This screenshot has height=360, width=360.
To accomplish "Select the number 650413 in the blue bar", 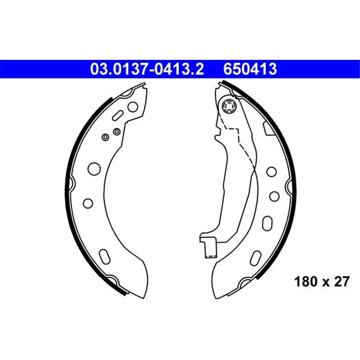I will click(250, 69).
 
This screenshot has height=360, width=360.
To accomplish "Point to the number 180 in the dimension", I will click(305, 282).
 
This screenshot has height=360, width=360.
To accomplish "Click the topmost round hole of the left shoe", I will click(132, 107).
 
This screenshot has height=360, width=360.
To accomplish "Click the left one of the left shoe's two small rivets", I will click(105, 137).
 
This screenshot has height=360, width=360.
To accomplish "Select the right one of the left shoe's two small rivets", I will click(116, 131).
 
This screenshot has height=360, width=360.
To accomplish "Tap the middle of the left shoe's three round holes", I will click(94, 168).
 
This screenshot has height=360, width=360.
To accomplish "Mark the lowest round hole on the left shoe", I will click(88, 203).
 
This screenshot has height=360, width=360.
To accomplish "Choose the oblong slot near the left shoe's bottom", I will click(103, 256).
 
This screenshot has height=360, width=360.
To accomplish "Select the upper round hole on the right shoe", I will click(271, 171).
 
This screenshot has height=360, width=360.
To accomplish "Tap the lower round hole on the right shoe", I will click(273, 195).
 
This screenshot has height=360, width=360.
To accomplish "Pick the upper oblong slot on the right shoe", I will click(267, 224).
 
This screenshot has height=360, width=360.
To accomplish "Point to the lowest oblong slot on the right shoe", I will click(255, 259).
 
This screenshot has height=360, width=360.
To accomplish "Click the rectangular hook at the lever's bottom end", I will click(210, 248).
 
